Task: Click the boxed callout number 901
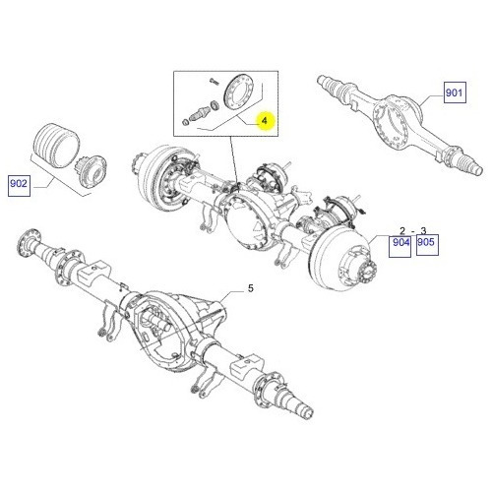coord(455,92)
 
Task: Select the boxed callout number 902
coord(19,183)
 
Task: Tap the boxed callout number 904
coord(400,242)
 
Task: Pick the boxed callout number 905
coord(426,242)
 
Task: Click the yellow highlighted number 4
coord(265,121)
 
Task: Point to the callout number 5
coord(251,288)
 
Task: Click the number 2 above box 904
coord(402,230)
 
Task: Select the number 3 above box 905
coord(423,230)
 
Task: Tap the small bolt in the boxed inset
coord(214,82)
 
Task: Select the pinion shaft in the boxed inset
coord(200,112)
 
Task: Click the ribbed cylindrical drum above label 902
coord(57,146)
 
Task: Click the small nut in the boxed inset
coord(186,122)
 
